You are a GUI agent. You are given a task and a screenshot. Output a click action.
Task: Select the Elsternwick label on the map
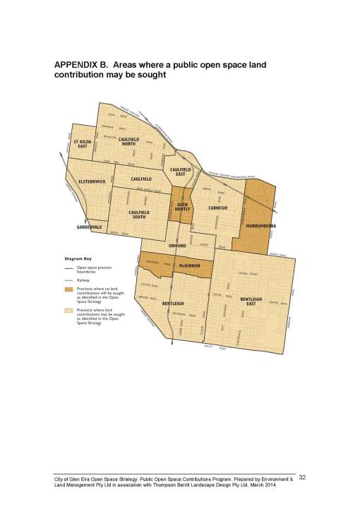92,181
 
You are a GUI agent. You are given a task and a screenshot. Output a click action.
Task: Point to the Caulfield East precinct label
181,172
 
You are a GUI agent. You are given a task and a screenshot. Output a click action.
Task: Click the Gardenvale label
90,227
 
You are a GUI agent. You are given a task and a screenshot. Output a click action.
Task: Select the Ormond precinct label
177,245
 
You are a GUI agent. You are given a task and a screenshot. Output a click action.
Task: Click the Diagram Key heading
78,258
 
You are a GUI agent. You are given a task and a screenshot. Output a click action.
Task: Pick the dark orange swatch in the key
68,289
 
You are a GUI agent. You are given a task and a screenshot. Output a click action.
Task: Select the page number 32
302,479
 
